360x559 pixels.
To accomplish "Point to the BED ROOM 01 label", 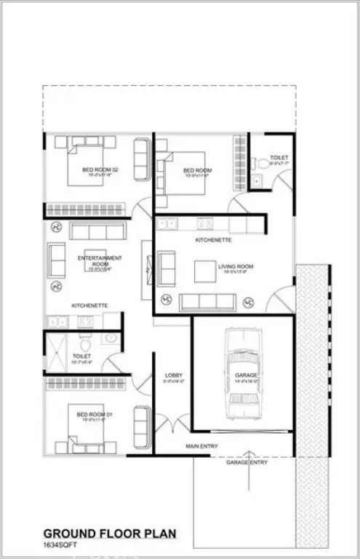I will [x=92, y=415].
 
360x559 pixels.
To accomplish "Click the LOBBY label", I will [x=172, y=375].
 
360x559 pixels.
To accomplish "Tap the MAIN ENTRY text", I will [x=201, y=445].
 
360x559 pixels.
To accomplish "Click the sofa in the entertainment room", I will [x=97, y=231].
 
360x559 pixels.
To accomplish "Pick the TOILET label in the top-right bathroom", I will [x=279, y=157].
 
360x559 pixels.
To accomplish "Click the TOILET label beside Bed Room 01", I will [x=81, y=357].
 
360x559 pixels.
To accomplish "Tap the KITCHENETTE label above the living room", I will [x=213, y=239].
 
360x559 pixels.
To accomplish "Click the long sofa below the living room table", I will [x=207, y=302].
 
